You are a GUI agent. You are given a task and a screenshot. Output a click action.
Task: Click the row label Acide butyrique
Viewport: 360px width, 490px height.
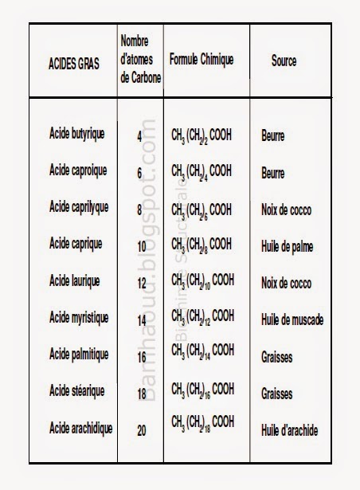(x=76, y=133)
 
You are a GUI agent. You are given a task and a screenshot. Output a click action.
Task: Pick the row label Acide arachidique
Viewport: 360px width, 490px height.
(x=80, y=428)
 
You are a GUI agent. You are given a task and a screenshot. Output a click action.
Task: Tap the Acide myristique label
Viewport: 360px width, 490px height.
(x=78, y=317)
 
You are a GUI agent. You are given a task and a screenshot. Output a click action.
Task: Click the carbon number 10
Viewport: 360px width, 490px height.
(x=140, y=246)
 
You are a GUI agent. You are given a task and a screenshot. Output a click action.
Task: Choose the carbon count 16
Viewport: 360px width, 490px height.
(x=140, y=358)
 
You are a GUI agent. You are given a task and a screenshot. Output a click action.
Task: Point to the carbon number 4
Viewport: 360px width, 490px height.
(x=140, y=135)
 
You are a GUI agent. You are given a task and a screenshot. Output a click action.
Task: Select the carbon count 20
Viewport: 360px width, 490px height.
(x=140, y=430)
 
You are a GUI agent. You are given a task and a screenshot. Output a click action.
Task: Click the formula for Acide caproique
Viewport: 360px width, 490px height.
(x=202, y=172)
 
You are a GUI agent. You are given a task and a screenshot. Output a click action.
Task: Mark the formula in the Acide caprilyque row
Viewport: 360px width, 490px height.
(x=202, y=210)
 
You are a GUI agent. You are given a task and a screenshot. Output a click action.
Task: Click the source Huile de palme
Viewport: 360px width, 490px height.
(x=287, y=247)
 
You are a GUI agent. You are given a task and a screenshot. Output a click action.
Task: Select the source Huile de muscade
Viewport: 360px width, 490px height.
(x=292, y=320)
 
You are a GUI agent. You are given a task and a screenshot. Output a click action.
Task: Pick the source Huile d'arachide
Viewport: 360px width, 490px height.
(x=289, y=430)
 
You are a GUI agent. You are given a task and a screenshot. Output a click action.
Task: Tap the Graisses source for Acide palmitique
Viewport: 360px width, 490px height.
(x=276, y=358)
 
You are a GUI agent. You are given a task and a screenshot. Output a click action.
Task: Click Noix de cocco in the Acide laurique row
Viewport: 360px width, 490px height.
(x=286, y=283)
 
